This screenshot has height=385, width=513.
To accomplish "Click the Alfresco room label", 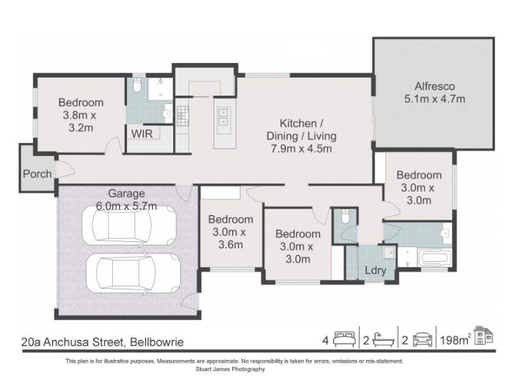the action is coord(435,87).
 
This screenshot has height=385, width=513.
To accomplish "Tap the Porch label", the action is coord(37,174).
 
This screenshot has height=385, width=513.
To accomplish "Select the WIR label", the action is coord(142,133).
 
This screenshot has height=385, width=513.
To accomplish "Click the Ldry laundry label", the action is coord(376,270).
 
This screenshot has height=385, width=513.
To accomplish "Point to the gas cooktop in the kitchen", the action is coord(183,116).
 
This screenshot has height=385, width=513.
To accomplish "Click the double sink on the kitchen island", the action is coord(223,117).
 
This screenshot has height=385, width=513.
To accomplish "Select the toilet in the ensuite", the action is coord(137,85).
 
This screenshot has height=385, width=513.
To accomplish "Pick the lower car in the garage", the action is coord(133,273).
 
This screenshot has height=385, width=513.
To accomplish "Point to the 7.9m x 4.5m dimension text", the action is coord(301,149).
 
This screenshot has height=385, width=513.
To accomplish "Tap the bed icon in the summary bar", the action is coord(344,339).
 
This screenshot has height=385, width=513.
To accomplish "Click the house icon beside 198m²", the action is coord(484,335).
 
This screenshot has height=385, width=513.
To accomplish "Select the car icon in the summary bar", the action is coord(423,339).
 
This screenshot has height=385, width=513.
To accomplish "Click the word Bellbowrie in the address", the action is coord(156,342).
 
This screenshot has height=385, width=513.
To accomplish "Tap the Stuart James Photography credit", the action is coord(230,370).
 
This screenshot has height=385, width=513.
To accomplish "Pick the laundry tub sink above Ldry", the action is coord(389,252).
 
